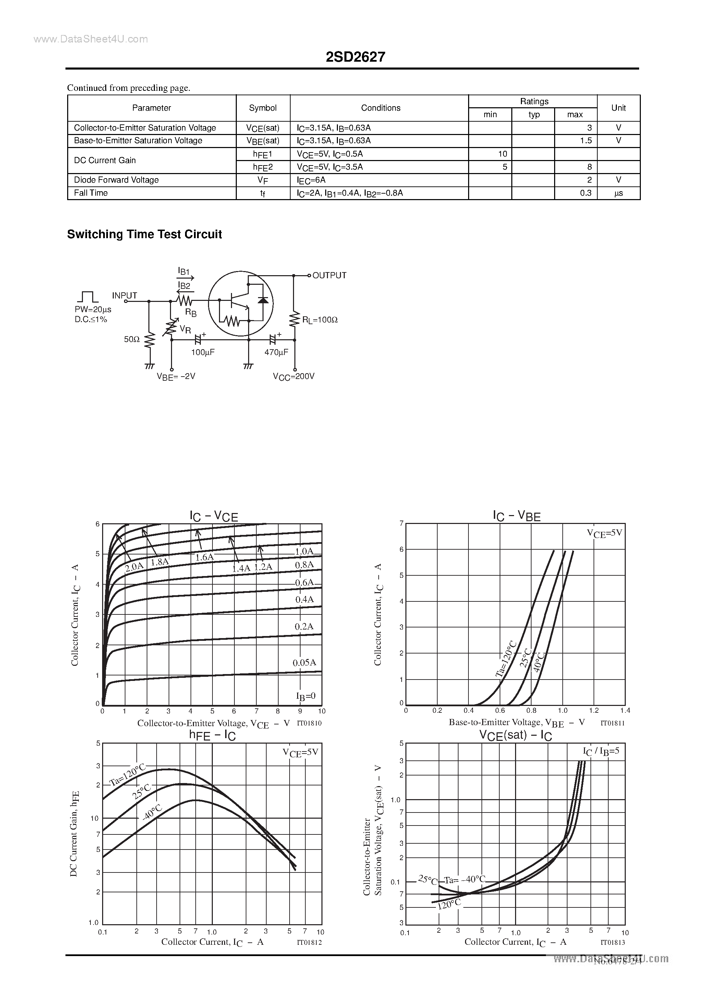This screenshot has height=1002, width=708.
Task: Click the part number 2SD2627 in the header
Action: click(x=355, y=57)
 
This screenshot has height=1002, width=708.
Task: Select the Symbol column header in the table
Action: click(x=263, y=108)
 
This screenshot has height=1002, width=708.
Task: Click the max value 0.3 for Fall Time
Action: click(x=585, y=193)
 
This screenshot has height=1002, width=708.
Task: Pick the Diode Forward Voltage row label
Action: click(x=116, y=180)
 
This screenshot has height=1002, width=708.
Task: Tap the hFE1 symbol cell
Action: click(x=263, y=154)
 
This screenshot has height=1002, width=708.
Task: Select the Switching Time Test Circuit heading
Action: click(x=145, y=234)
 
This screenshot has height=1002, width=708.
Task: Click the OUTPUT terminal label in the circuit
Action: click(x=329, y=276)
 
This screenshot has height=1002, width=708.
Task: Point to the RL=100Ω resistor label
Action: click(x=320, y=320)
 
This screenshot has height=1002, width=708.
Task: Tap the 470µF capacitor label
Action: click(x=276, y=352)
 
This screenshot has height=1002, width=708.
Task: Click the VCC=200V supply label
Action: click(x=293, y=376)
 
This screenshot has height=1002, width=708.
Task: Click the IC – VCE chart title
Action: click(x=213, y=516)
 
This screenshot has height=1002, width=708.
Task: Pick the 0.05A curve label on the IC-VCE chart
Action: click(x=304, y=662)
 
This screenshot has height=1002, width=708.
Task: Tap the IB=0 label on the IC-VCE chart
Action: click(x=306, y=696)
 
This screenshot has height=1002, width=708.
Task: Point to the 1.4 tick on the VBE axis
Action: click(x=625, y=710)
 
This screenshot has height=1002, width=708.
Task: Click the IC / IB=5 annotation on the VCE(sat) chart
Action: click(x=601, y=751)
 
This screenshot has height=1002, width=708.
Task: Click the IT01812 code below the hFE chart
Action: click(x=309, y=942)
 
